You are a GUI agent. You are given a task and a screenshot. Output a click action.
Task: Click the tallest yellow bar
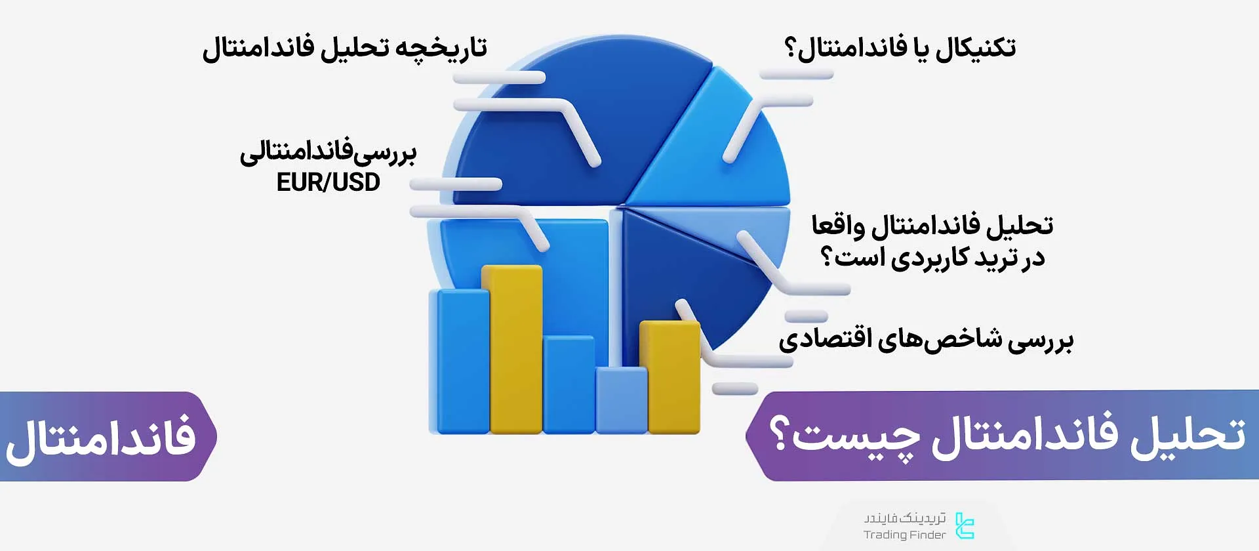pos(512,349)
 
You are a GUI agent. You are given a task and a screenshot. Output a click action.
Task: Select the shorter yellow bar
pos(669,377)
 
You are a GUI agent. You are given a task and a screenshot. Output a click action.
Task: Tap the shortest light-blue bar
pos(622,400)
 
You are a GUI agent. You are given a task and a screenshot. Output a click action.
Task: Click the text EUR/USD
pos(328,182)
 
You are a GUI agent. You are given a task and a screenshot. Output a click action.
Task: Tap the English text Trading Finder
pos(904,535)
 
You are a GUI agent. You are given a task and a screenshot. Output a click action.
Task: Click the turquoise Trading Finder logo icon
pos(965,525)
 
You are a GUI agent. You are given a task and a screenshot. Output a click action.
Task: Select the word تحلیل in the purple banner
pos(1188,435)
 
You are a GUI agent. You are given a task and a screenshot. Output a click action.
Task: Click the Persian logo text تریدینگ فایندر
pos(905,518)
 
